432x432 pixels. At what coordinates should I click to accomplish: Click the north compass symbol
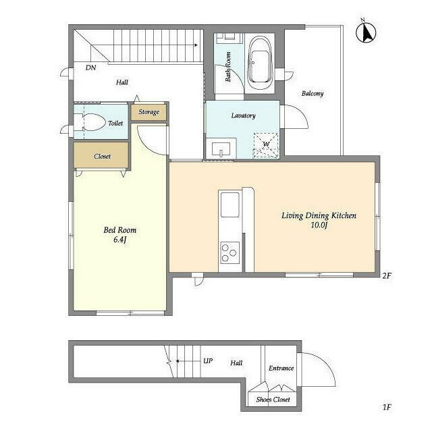coord(368,32)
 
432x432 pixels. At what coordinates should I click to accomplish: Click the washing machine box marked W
coord(265,143)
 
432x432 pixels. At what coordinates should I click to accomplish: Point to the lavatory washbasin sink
coord(220,148)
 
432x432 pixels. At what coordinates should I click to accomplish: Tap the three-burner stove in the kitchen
coord(229,253)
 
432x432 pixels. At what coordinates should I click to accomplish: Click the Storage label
coord(149,112)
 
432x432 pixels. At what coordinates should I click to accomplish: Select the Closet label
coord(102,156)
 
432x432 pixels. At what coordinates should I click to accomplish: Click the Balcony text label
coord(313,93)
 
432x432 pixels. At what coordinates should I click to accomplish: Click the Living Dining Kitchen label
coord(319,220)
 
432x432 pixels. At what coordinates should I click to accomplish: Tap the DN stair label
coord(90,67)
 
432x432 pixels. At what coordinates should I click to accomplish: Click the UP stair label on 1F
coord(208,361)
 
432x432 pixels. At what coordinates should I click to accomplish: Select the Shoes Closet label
coord(273,400)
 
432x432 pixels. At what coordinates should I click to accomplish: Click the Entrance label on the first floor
coord(281,368)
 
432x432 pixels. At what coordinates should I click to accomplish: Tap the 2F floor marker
coord(387,275)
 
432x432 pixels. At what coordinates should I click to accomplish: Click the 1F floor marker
coord(387,407)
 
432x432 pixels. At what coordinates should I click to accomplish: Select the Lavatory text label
coord(243,115)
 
